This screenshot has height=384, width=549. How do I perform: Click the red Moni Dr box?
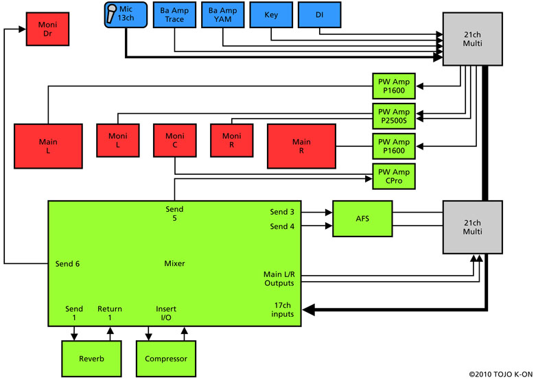click(47, 29)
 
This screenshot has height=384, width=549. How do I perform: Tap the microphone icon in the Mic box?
click(111, 14)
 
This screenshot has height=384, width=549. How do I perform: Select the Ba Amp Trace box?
click(174, 14)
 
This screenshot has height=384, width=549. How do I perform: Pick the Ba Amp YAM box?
click(222, 14)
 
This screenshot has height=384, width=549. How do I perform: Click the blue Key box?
click(271, 14)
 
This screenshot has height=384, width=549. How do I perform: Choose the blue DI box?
click(319, 14)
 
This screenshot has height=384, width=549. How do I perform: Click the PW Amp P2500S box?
click(394, 116)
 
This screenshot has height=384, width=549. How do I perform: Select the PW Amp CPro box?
click(394, 176)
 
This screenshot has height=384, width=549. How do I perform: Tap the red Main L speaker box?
click(48, 146)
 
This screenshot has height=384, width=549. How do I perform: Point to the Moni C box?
click(175, 141)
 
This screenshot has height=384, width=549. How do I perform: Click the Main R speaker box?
click(301, 146)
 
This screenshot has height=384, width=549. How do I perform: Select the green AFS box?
click(362, 219)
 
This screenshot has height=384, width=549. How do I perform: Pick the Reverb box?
click(91, 359)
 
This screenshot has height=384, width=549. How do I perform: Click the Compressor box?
click(166, 359)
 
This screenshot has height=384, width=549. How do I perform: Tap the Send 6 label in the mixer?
click(67, 264)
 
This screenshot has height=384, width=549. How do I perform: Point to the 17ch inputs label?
click(283, 309)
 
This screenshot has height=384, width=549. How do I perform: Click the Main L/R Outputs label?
click(279, 278)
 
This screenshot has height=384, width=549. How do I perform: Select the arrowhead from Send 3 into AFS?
click(329, 212)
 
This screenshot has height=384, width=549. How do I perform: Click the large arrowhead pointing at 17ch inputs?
click(308, 309)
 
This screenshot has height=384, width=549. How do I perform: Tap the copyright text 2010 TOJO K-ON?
click(501, 374)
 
